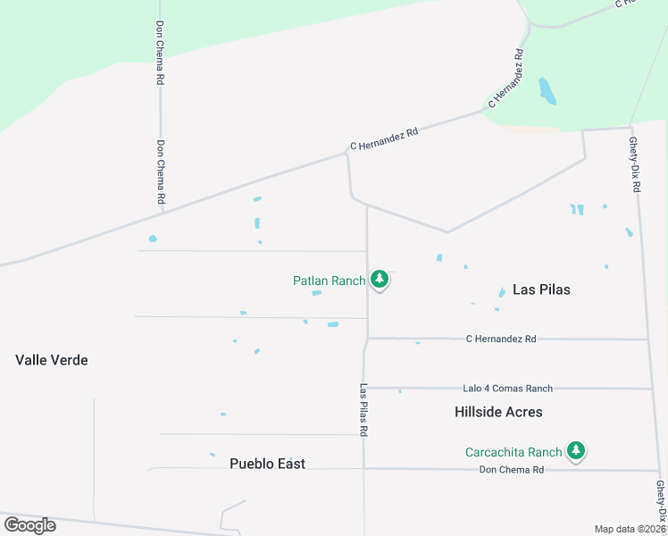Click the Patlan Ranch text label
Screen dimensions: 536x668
pos(329,281)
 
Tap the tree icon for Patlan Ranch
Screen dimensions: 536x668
pos(380,280)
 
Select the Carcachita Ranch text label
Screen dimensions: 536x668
pos(514,452)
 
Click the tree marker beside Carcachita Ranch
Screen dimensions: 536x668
pos(577,451)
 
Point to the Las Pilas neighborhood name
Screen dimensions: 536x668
pos(541,289)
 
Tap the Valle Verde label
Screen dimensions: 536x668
pos(52,360)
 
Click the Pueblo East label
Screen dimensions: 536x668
pos(267,464)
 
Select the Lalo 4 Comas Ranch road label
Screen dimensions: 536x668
pos(507,389)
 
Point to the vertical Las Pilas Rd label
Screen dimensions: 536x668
pos(364,410)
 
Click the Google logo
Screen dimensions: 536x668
pos(29,525)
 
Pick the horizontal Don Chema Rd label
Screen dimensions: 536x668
pos(512,470)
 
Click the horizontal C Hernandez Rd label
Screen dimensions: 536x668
pos(501,339)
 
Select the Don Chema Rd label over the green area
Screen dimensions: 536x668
pos(160,53)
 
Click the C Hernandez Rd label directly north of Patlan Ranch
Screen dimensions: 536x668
pos(384,138)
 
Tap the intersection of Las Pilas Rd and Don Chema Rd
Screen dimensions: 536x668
pos(364,468)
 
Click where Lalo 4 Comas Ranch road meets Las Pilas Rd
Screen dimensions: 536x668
pos(365,388)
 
